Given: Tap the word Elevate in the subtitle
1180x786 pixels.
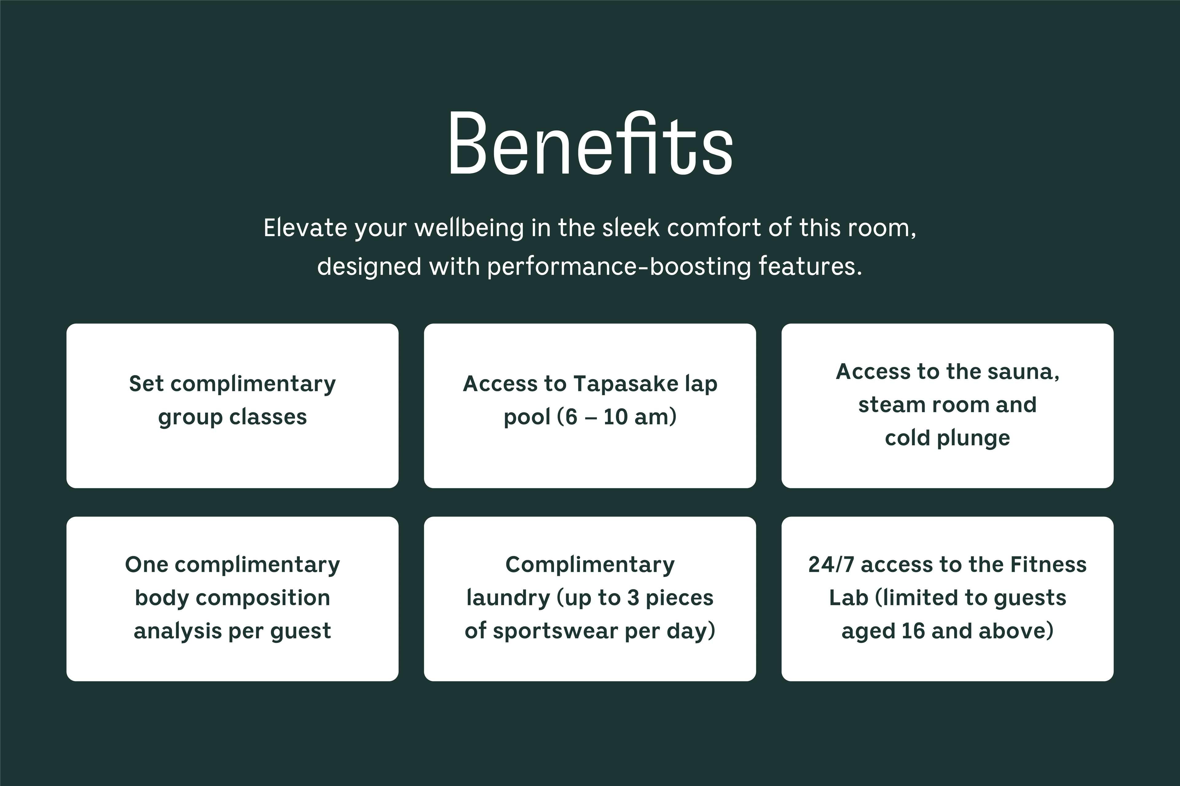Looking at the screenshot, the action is coord(305,228).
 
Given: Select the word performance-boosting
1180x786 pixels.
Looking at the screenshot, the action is coord(619,267).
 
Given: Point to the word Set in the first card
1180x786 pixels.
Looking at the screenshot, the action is coord(147,384).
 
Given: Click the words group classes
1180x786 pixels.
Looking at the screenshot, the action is coord(232,417).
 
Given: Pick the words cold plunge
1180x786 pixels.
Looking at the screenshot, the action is coord(947,438).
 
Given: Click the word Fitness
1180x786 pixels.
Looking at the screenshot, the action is coord(1048,565).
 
